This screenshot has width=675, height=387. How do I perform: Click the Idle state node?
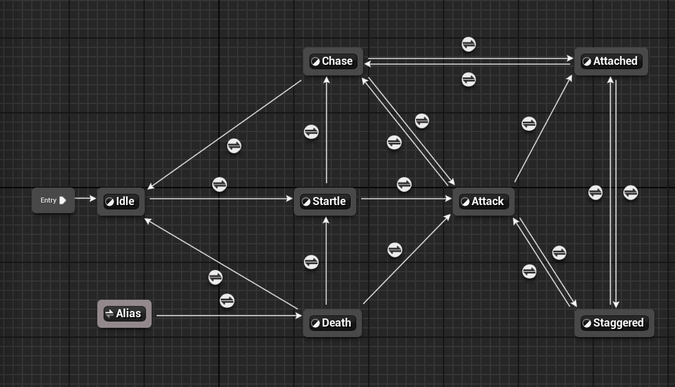pos(121,201)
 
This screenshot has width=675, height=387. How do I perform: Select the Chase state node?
pos(333,61)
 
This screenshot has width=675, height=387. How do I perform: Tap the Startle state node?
pos(324,201)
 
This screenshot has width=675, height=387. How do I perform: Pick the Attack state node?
pos(483,201)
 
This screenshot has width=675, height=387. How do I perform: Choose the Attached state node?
pos(611,61)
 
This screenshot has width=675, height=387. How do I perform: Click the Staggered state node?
pos(614,323)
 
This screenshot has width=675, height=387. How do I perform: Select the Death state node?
pos(332,323)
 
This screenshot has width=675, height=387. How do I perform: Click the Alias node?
pos(124,313)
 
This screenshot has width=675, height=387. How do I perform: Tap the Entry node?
pos(53,201)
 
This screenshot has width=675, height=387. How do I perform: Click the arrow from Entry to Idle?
pos(85,199)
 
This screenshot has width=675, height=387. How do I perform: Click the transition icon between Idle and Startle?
pos(220,184)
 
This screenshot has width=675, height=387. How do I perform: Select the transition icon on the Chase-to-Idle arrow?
pos(234,146)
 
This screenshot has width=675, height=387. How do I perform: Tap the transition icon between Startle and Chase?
pos(311,132)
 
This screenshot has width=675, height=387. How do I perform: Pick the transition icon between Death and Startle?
pos(311,262)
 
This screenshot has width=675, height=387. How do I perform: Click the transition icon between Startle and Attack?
pos(404,184)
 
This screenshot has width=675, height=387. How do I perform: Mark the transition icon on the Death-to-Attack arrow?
pos(395,250)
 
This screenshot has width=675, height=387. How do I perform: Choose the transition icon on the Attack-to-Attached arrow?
pos(528,124)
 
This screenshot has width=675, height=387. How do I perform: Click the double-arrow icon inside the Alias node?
pos(109,313)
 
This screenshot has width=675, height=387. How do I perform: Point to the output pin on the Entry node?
pos(63,201)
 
